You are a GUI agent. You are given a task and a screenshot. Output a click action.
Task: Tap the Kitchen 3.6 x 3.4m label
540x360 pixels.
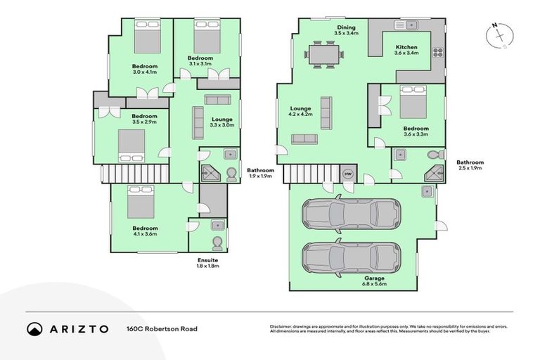click(x=406, y=50)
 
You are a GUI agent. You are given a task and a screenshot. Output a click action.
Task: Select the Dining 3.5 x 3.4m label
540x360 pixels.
click(x=346, y=30)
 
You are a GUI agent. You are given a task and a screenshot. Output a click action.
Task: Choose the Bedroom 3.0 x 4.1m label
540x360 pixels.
click(x=144, y=69)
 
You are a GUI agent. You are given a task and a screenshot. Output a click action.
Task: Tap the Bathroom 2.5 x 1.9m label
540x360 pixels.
click(x=470, y=165)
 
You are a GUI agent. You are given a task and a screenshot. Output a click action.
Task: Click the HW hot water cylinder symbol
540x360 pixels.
click(x=347, y=174)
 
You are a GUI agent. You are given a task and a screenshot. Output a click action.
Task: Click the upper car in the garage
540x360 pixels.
click(x=350, y=213)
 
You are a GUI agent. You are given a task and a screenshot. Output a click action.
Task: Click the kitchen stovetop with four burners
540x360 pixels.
click(x=437, y=52)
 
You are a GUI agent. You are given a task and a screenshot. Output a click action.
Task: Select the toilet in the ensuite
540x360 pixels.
click(x=217, y=243)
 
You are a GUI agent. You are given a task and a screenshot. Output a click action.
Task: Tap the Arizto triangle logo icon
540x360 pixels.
click(x=34, y=328)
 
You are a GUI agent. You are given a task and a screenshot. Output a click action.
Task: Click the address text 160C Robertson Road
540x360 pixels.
click(x=162, y=328)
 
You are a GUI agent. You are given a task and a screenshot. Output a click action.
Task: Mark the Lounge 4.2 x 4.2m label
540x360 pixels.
click(x=300, y=111)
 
